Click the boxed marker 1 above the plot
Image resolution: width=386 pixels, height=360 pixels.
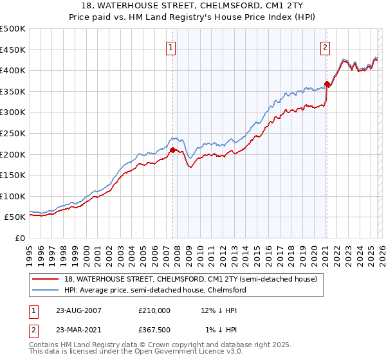pos(172,46)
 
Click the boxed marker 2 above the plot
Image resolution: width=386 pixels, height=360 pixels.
pos(326,46)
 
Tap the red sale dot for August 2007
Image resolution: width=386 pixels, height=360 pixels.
pos(172,150)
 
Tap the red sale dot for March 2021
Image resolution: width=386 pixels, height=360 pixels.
pos(327,84)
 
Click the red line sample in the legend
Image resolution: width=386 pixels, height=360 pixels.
pos(46,280)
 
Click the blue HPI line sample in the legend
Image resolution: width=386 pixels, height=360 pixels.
pos(46,291)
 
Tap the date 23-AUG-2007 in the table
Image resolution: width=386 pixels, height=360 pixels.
pos(78,310)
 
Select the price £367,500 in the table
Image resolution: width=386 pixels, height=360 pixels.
pos(154,330)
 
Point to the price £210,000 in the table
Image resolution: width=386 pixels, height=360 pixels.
pos(154,310)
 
